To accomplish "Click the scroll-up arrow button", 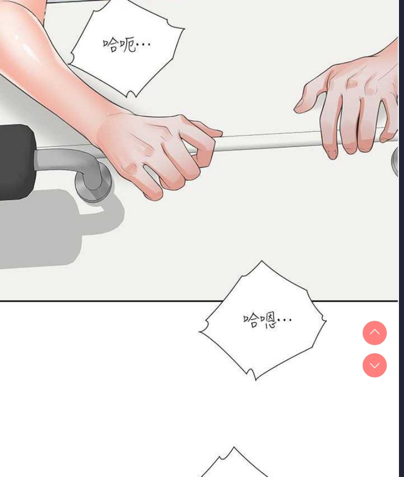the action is coord(375,333).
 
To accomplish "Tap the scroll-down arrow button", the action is coord(375,365).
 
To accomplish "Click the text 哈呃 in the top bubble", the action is coord(119,45).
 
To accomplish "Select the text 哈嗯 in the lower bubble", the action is coord(259,321).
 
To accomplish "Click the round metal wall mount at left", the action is coord(93,182).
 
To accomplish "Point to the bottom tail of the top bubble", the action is coord(131,93).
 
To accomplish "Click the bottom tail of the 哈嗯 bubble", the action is coord(252,374).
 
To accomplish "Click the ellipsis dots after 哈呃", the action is coord(143,44).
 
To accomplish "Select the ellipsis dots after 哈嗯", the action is coord(284,319).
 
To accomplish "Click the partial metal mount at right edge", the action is coord(395,161).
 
